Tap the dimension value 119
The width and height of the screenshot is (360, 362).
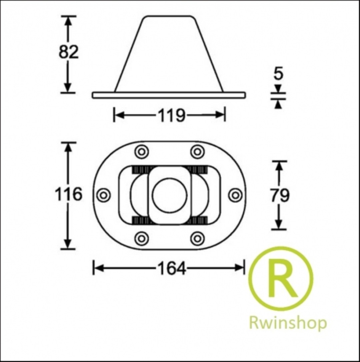pos(172,115)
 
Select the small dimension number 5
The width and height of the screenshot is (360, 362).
pos(278,74)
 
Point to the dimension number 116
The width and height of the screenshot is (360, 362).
pos(69,194)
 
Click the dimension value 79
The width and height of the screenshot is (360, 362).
pos(280,195)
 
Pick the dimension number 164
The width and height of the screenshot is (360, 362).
pos(172,268)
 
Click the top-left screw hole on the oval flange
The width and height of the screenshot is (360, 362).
pos(142,152)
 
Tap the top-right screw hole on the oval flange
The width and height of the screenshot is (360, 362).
pos(197,152)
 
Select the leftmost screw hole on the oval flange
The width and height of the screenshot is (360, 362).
pos(103,195)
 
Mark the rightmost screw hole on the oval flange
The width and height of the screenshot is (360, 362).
pos(235,195)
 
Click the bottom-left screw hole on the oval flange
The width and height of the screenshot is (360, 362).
pos(142,238)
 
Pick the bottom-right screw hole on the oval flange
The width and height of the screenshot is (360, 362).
pos(197,238)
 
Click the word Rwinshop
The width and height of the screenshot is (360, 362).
pos(288,323)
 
